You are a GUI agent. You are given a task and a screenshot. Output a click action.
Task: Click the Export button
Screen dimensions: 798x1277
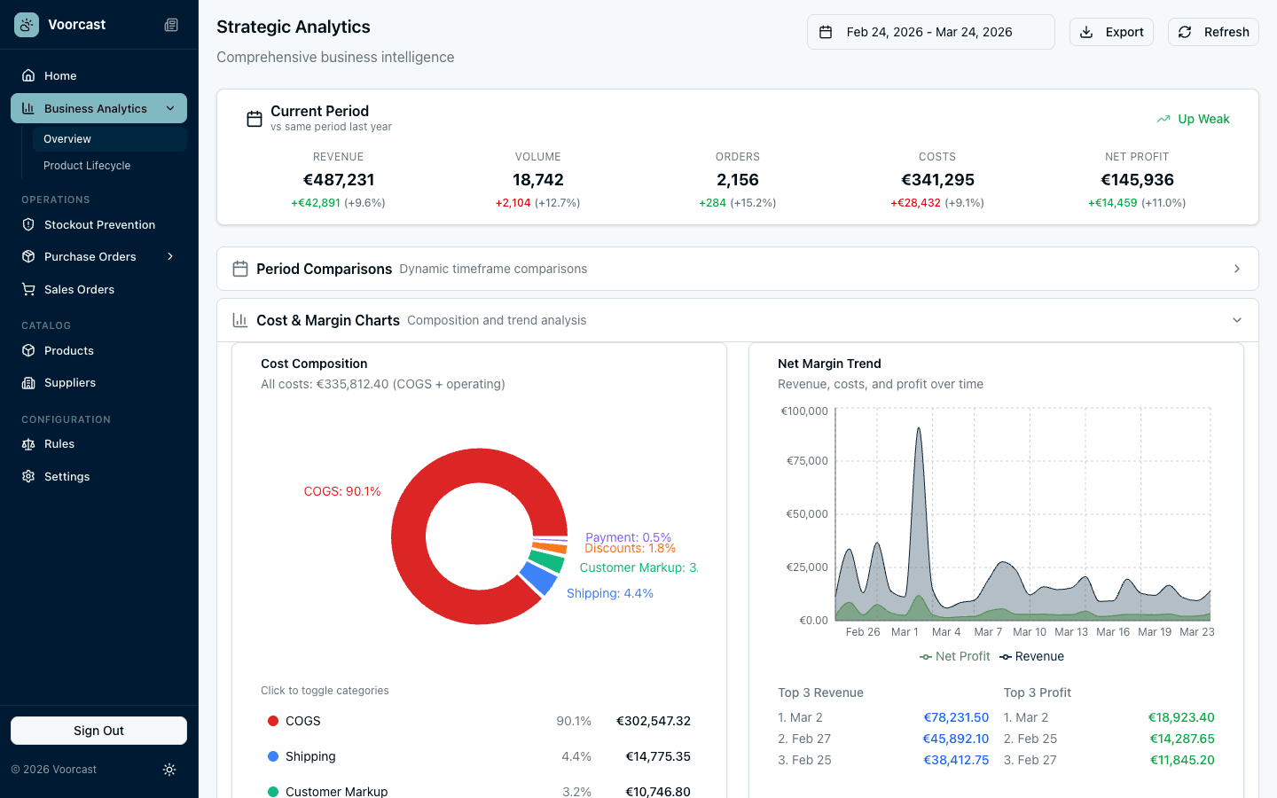[x=1111, y=32]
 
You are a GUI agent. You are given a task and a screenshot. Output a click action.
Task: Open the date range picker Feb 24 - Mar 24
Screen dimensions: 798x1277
[x=930, y=32]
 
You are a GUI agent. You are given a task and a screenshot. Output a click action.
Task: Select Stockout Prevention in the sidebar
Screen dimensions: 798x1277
[x=99, y=225]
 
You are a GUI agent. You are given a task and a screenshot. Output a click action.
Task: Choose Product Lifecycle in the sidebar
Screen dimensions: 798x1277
[x=87, y=166]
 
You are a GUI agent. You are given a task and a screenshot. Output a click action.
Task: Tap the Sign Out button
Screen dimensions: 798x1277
[x=98, y=731]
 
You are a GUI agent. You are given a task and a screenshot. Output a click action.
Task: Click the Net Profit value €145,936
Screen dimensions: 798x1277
[x=1137, y=180]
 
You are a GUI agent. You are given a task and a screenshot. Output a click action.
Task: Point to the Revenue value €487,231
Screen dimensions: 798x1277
[x=338, y=180]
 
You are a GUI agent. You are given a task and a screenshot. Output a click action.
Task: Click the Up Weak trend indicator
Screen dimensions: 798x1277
[x=1194, y=119]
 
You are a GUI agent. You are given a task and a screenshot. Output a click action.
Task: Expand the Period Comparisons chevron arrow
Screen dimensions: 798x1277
[x=1236, y=269]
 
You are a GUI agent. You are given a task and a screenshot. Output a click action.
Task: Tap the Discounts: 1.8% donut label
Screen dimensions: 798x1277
[x=630, y=549]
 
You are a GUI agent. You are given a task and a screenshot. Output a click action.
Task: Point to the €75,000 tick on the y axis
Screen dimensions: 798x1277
[x=806, y=461]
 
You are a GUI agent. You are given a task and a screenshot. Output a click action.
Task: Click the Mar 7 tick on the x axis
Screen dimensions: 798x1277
[x=988, y=632]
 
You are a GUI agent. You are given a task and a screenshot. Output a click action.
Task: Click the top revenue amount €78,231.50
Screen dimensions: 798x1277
[x=955, y=717]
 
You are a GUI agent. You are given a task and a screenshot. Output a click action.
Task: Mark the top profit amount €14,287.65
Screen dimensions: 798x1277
[x=1181, y=739]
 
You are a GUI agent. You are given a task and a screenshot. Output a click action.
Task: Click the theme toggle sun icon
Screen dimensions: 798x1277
[x=169, y=770]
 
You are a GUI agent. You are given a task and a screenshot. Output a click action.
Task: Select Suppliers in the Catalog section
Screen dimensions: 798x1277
[x=70, y=383]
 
